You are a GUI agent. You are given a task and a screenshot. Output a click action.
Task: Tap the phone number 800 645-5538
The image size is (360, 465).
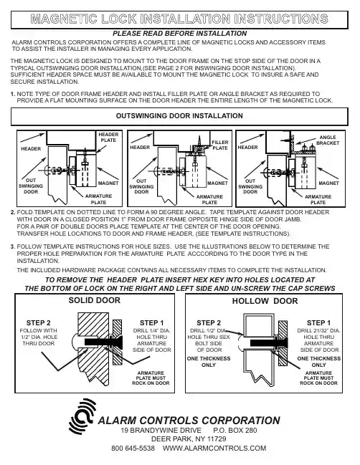(x=133, y=448)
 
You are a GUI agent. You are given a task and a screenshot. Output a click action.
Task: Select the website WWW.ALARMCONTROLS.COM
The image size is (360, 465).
(x=214, y=448)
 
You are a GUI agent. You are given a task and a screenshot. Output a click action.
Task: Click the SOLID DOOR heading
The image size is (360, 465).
(x=95, y=300)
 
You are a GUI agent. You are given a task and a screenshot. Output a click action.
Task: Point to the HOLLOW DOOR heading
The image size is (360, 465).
(x=265, y=301)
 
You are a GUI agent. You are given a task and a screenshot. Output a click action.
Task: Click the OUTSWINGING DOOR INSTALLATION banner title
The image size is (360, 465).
(x=179, y=115)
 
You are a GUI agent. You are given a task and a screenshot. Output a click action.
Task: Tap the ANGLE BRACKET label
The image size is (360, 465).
(x=328, y=140)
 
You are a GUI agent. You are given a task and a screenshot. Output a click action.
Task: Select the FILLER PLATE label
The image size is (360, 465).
(x=220, y=145)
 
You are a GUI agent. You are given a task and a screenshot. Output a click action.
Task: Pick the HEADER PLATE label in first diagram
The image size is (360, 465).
(x=108, y=138)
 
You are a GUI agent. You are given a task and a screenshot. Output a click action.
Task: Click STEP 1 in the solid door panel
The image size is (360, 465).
(x=151, y=322)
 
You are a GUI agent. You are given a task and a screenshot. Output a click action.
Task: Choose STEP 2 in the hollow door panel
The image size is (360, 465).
(x=209, y=322)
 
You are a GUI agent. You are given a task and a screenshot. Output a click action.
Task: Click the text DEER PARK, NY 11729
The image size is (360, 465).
(x=189, y=439)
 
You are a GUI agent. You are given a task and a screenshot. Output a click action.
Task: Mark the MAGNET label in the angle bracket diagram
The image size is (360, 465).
(x=329, y=183)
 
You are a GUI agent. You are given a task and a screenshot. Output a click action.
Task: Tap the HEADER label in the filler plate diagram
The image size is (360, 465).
(x=140, y=148)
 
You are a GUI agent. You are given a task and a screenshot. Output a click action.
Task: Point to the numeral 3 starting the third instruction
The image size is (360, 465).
(x=12, y=246)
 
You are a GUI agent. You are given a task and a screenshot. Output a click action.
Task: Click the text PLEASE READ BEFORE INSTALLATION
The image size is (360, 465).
(x=179, y=34)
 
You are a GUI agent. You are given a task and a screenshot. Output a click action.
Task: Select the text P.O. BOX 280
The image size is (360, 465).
(x=235, y=431)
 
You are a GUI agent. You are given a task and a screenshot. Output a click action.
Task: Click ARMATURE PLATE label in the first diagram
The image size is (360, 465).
(x=98, y=199)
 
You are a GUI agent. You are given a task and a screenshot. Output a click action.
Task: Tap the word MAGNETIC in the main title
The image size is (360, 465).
(x=64, y=19)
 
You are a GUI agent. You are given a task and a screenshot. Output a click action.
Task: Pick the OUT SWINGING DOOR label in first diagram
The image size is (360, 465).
(x=31, y=186)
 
